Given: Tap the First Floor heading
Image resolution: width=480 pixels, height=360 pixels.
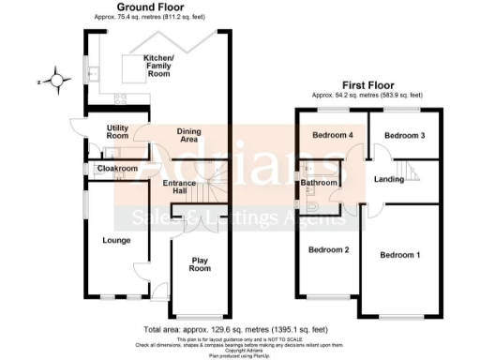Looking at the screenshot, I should pyautogui.click(x=367, y=85).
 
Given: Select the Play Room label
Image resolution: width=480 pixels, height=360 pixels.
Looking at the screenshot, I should pyautogui.click(x=200, y=264).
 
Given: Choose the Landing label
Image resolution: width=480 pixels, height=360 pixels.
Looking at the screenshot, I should pyautogui.click(x=388, y=178).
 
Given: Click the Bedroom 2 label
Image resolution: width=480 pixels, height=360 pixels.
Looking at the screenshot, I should pyautogui.click(x=330, y=249).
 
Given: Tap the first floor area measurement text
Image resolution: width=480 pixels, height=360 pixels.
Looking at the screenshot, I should pyautogui.click(x=367, y=95).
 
